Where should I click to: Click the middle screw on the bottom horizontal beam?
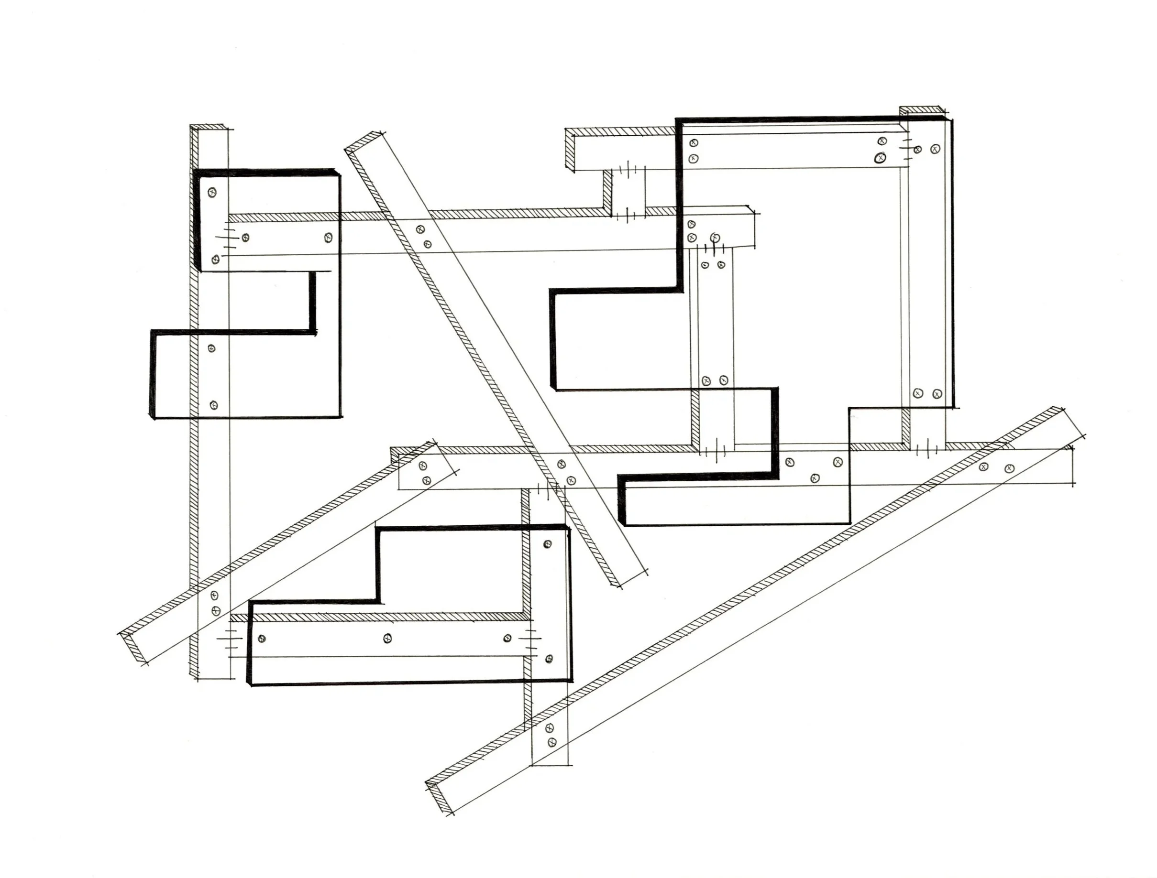[x=387, y=638]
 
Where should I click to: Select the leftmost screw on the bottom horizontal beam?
[x=262, y=639]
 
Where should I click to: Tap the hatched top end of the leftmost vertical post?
[x=209, y=127]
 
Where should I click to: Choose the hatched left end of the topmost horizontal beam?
[x=571, y=152]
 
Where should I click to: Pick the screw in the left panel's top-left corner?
[x=212, y=192]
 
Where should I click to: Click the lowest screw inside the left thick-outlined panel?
[x=213, y=405]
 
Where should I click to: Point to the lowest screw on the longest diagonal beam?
[x=551, y=742]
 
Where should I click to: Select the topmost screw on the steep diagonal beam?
[x=419, y=229]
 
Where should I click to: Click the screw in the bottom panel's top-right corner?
[x=548, y=544]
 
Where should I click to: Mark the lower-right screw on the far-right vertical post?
[x=937, y=393]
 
